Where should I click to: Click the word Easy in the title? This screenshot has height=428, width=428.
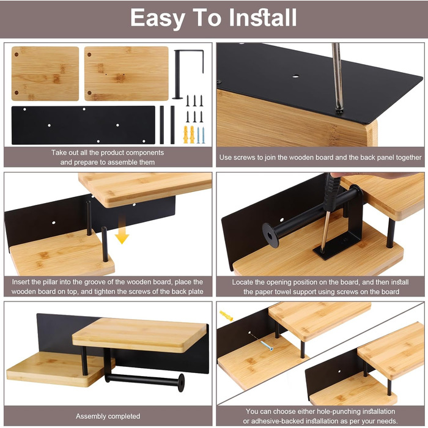[158, 18]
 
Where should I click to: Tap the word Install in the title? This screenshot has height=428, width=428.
[262, 18]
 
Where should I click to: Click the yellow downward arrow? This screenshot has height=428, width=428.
[122, 229]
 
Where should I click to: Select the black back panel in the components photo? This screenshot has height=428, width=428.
[83, 125]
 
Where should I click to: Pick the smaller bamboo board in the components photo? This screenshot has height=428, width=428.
[45, 73]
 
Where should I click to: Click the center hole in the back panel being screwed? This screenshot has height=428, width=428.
[295, 76]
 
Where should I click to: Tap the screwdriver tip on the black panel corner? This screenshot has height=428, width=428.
[339, 111]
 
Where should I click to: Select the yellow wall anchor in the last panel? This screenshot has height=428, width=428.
[226, 315]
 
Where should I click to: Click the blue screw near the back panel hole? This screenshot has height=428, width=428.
[267, 345]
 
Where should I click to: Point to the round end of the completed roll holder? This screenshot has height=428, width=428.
[181, 383]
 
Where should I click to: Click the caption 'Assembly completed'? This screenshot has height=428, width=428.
[108, 416]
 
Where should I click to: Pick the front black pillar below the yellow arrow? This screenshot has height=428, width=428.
[105, 245]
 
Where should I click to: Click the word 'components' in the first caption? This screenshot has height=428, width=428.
[145, 153]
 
